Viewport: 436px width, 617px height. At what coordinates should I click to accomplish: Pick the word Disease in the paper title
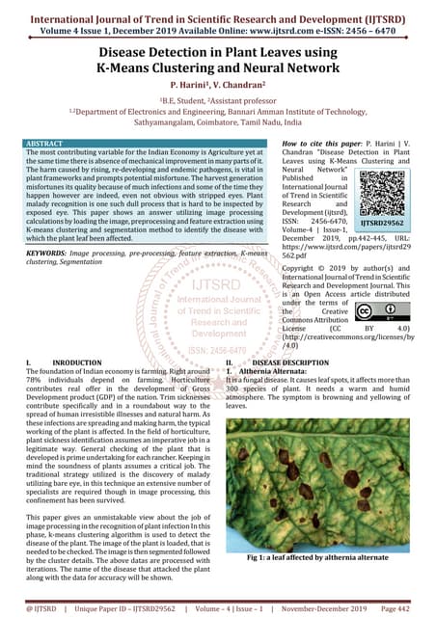[132, 53]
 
